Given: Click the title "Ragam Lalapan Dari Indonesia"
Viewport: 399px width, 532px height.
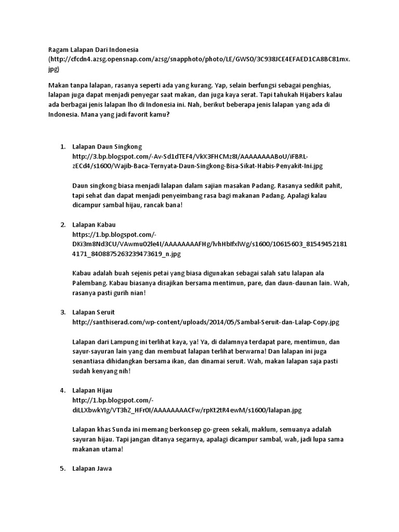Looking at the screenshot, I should tap(94, 49).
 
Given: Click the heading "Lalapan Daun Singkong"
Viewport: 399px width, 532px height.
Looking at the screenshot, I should tap(107, 147).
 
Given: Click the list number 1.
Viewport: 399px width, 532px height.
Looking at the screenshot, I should tap(62, 147).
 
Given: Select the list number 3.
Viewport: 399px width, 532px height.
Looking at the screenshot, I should tap(62, 312).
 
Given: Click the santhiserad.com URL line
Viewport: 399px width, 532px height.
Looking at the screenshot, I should tap(206, 322).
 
